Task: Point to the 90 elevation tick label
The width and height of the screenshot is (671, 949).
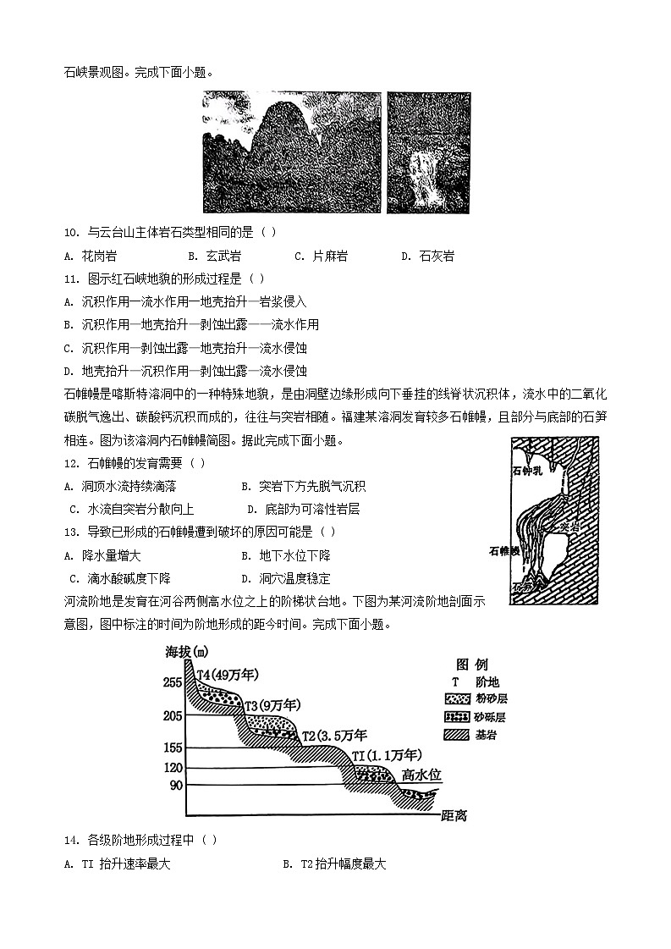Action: tap(175, 786)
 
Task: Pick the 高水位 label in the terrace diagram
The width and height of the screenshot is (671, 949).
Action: tap(421, 775)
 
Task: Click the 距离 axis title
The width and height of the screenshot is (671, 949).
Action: tap(454, 816)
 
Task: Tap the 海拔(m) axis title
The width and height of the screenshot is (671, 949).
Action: tap(187, 651)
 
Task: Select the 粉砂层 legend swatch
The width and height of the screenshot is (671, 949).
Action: tap(457, 698)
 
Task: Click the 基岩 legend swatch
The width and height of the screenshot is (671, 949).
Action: tap(457, 734)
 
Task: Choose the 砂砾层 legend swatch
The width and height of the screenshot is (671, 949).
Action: tap(457, 716)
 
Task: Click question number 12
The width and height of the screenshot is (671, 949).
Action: tap(71, 463)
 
